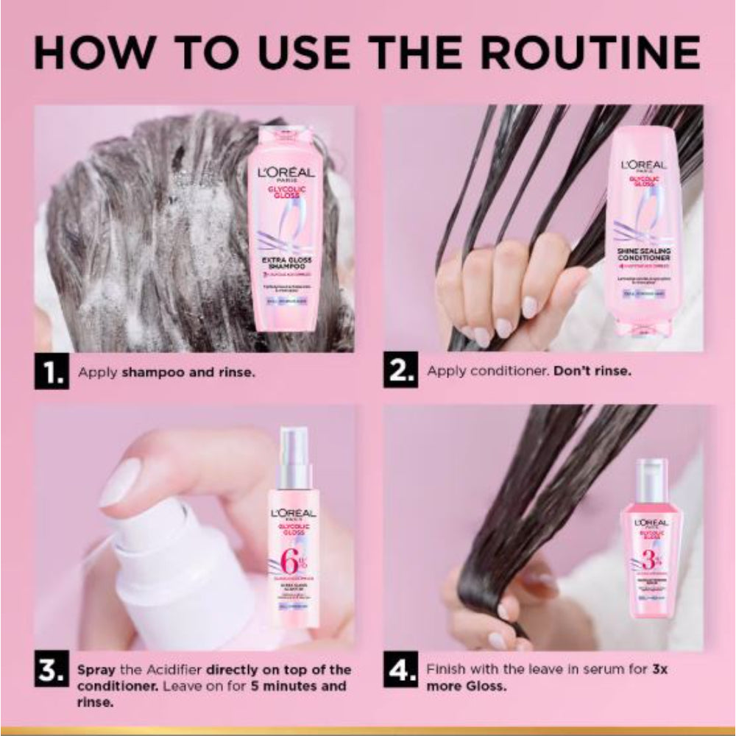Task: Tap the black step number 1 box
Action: pyautogui.click(x=52, y=372)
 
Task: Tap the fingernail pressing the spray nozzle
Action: pyautogui.click(x=120, y=482)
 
